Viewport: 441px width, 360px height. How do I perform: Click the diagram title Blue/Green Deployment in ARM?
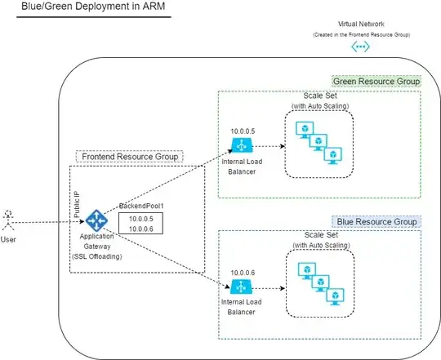[x=93, y=7]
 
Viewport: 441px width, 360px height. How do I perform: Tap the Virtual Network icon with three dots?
[x=361, y=47]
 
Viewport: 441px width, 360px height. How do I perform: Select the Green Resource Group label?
[x=376, y=82]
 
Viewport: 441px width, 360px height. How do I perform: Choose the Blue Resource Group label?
[x=376, y=222]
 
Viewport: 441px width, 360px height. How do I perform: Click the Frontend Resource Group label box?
[x=130, y=157]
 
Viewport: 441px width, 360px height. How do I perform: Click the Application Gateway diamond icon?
[x=96, y=220]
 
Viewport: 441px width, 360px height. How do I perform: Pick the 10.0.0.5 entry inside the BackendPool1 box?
[x=141, y=219]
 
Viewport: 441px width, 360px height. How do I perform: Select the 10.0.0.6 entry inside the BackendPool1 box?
[x=141, y=229]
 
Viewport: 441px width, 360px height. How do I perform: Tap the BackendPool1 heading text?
[x=141, y=206]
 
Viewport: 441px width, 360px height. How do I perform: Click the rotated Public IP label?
[x=77, y=205]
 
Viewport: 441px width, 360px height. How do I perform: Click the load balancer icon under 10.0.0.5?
[x=242, y=145]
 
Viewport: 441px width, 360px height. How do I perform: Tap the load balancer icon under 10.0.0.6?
[x=241, y=287]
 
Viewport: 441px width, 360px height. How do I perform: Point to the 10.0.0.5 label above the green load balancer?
[x=243, y=131]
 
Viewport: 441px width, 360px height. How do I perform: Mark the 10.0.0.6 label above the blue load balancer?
[x=243, y=273]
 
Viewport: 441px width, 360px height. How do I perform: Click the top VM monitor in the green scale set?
[x=305, y=130]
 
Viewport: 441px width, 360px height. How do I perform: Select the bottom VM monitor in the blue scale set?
[x=335, y=296]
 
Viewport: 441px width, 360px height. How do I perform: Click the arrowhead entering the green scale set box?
[x=283, y=146]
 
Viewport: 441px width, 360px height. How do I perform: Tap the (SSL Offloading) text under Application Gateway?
[x=96, y=256]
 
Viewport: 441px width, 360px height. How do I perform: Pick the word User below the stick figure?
[x=8, y=240]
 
